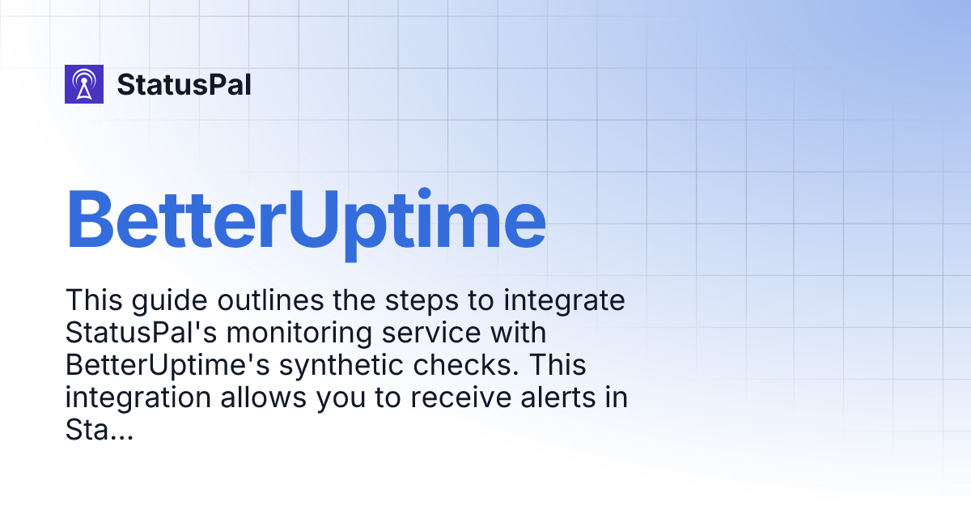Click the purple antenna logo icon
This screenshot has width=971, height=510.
point(84,84)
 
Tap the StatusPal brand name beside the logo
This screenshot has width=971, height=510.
point(184,84)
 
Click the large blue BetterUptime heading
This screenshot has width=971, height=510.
point(306,219)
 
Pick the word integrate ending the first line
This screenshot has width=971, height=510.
point(566,301)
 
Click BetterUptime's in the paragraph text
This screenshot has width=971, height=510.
point(167,366)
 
